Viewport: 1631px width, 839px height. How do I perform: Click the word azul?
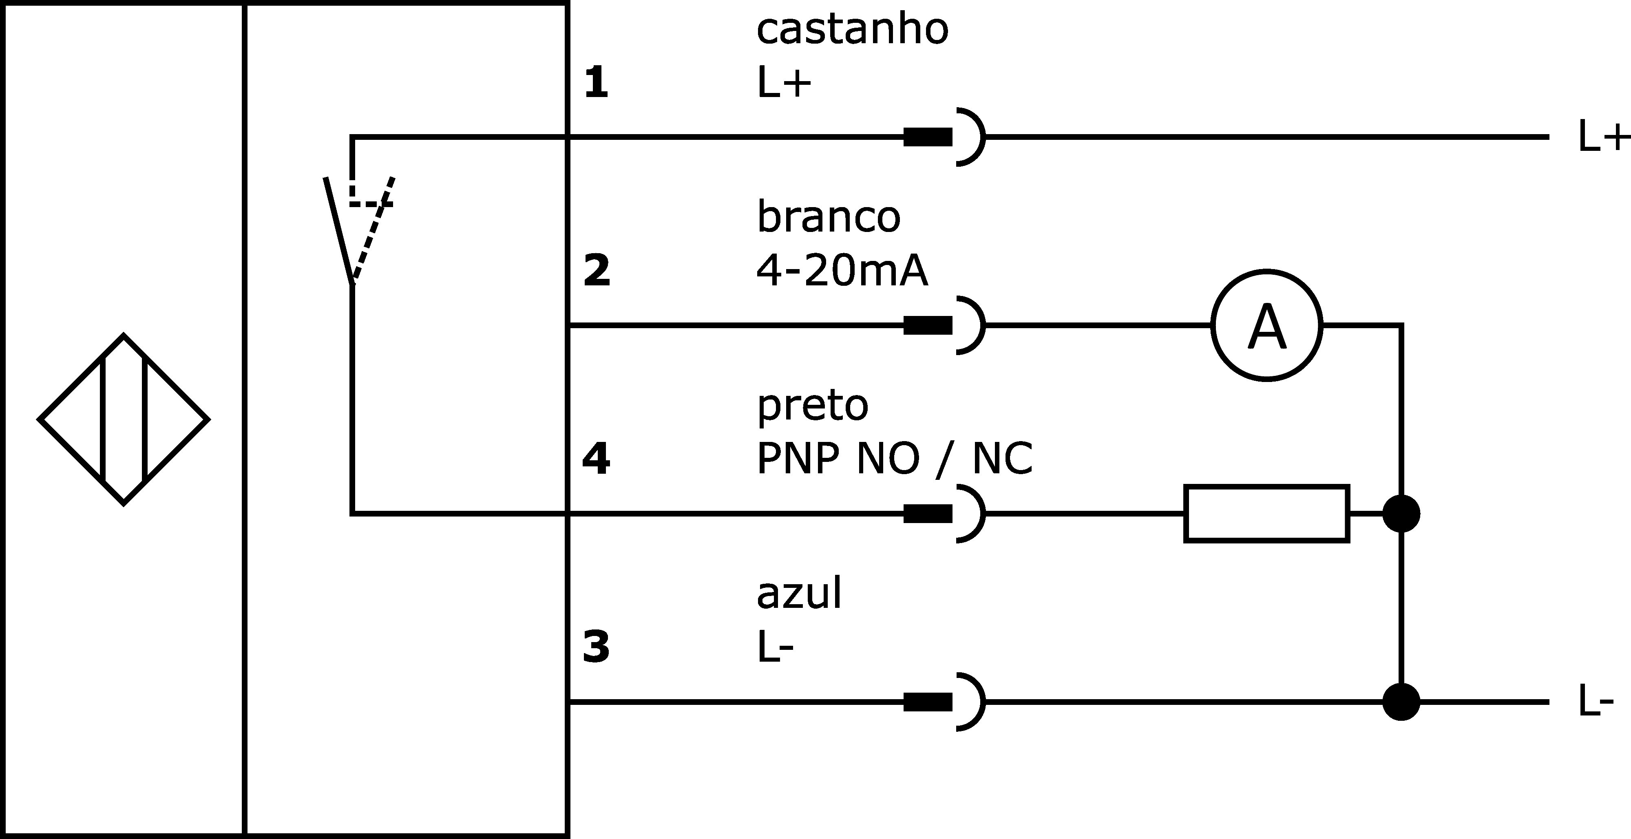click(799, 593)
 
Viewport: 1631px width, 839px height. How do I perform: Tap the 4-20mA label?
click(842, 272)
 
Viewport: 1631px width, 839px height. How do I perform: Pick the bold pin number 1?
click(596, 83)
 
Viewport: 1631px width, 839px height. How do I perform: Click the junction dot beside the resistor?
click(1401, 514)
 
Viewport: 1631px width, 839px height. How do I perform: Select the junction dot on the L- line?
click(1401, 702)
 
